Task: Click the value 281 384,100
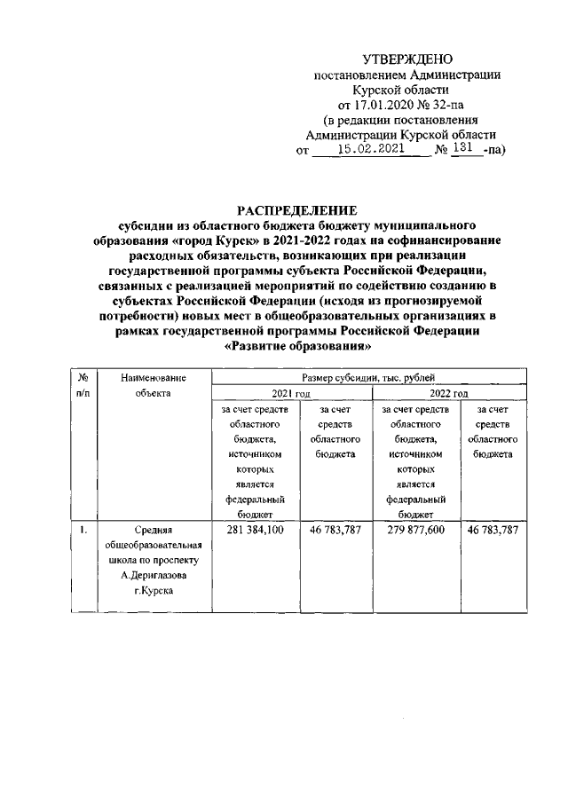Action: (255, 530)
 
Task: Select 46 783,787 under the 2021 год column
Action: (337, 530)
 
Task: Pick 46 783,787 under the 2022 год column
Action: (493, 530)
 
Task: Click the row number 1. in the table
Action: (82, 530)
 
